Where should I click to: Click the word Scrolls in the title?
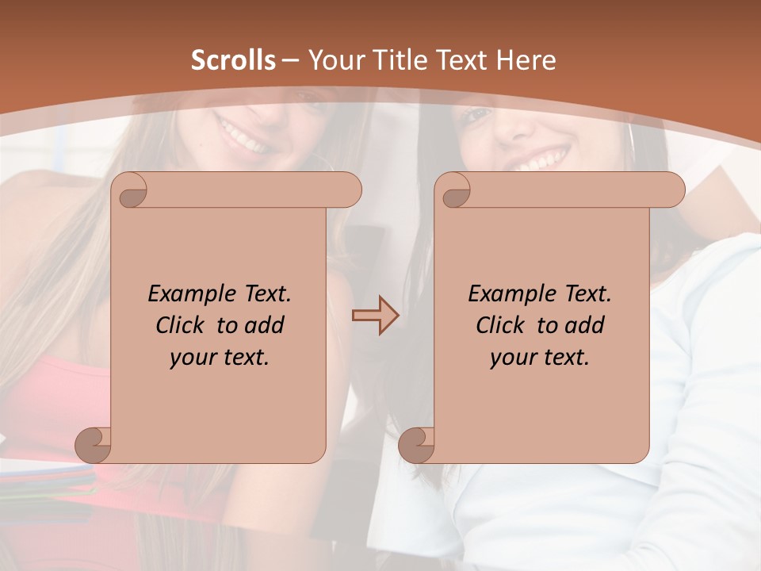click(x=233, y=60)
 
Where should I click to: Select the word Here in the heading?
click(x=526, y=60)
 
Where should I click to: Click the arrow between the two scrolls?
click(x=375, y=315)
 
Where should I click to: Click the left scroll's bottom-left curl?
click(x=92, y=444)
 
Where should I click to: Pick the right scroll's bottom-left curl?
click(x=415, y=444)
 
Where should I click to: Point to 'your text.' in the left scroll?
click(x=220, y=358)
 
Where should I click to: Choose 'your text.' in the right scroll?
click(x=540, y=358)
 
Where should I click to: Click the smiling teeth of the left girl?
click(x=244, y=136)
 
